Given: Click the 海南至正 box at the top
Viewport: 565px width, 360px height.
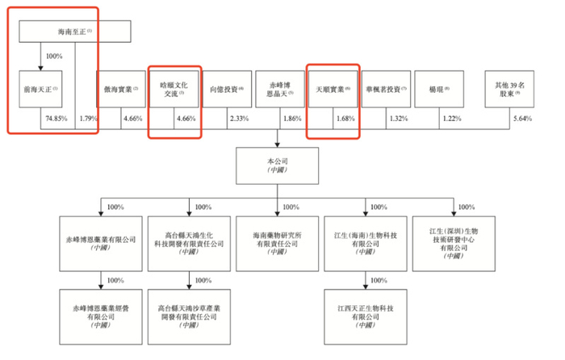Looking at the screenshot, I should tap(73, 31).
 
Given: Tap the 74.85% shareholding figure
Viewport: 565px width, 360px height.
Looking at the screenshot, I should tap(54, 119).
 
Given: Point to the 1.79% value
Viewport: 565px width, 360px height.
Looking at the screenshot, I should tap(87, 119).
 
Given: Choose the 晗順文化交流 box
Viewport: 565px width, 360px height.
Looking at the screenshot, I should tap(173, 90).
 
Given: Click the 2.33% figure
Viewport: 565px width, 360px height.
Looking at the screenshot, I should tap(238, 119).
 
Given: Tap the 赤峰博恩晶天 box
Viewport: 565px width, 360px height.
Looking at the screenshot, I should tap(276, 90).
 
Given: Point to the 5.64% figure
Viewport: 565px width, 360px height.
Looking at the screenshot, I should tap(522, 119).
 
